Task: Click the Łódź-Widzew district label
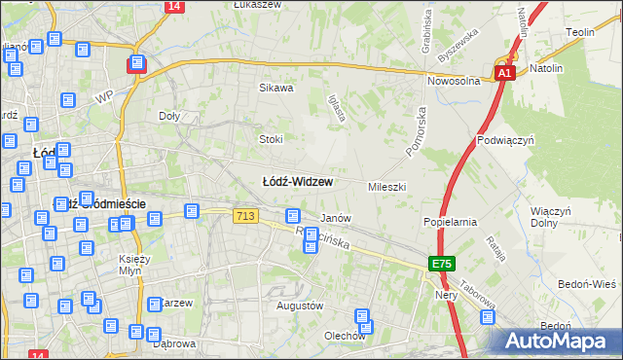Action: click(x=298, y=182)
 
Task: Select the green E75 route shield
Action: click(x=441, y=264)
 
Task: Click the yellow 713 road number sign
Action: click(x=245, y=215)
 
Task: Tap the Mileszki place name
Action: click(x=386, y=186)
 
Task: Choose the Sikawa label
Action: click(x=275, y=88)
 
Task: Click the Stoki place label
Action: click(x=271, y=139)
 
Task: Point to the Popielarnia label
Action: click(x=450, y=222)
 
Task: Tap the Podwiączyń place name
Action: click(x=506, y=140)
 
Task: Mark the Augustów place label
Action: click(x=300, y=306)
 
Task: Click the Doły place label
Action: click(x=169, y=115)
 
